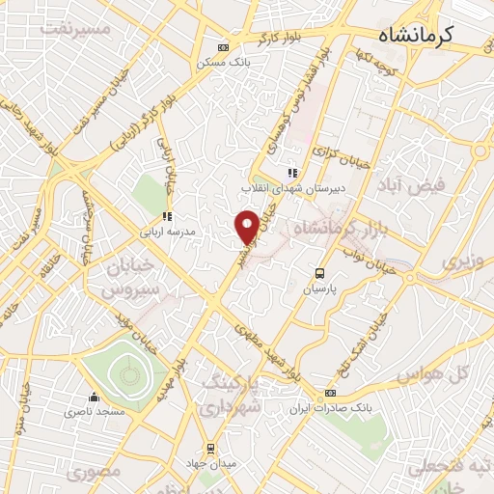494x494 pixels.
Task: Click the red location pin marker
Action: tap(248, 226)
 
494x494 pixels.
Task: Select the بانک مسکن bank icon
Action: tap(224, 47)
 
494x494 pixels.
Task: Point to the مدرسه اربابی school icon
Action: tap(166, 217)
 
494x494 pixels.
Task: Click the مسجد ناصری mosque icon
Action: tap(94, 397)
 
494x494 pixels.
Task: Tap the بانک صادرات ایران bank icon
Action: tap(331, 394)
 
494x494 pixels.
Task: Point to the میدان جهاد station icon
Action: tap(210, 449)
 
